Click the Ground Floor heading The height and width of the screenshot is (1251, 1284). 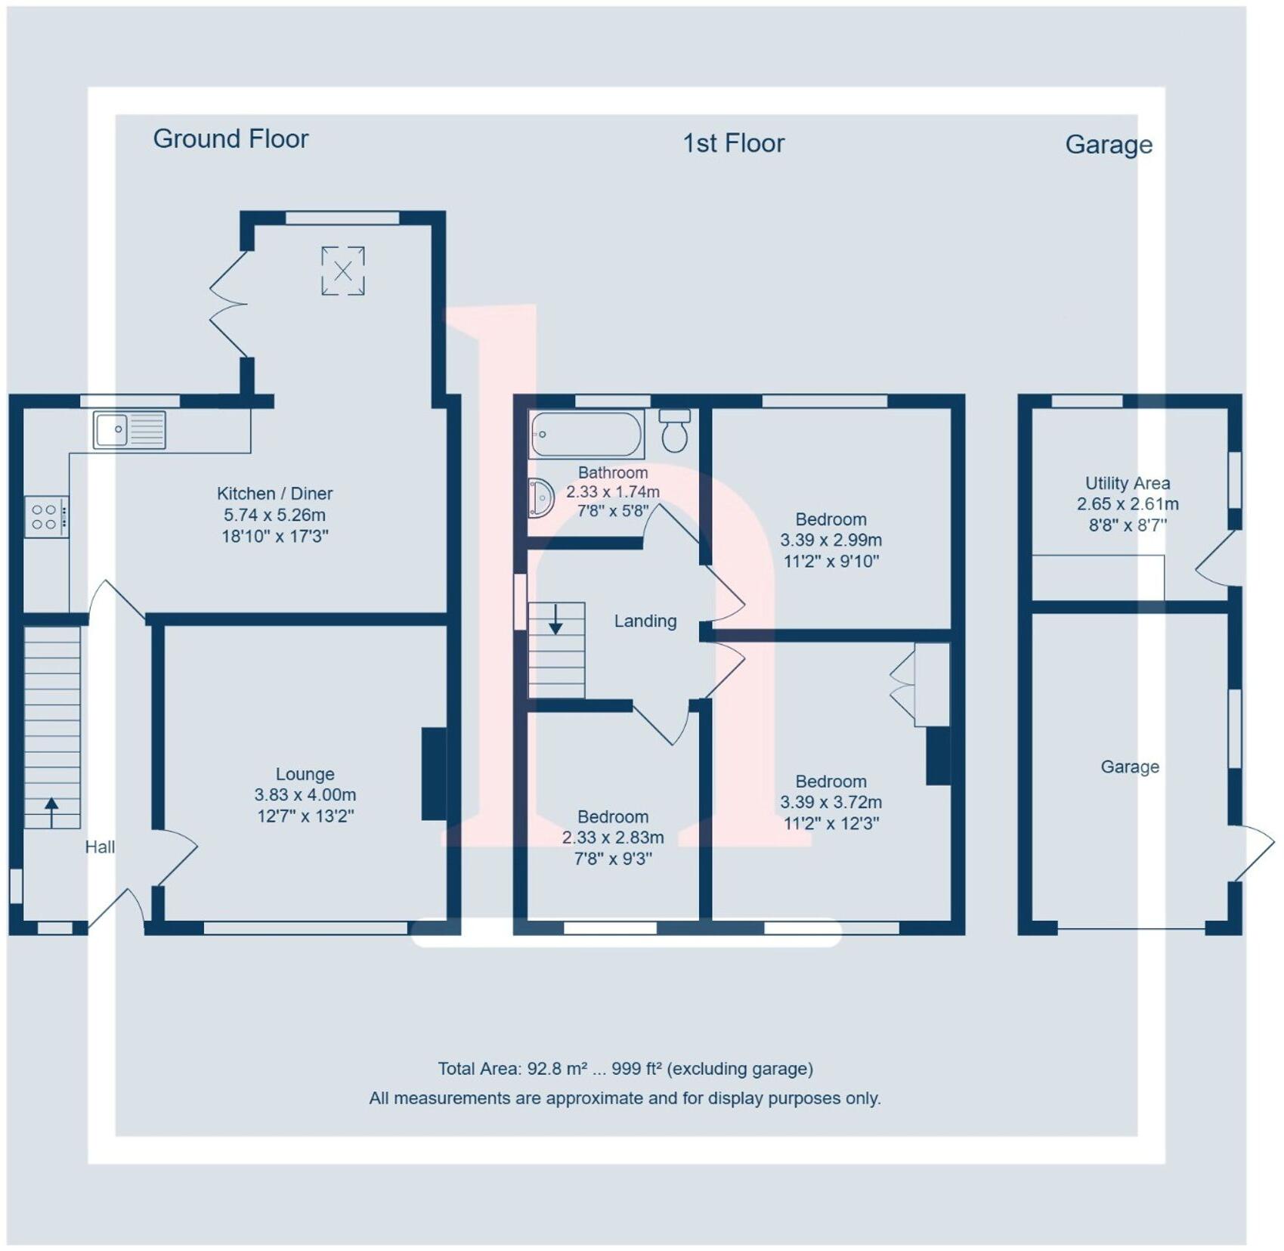231,139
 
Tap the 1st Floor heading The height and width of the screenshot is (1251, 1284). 733,144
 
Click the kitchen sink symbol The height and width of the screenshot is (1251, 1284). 129,430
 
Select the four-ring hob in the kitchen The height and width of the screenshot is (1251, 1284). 46,517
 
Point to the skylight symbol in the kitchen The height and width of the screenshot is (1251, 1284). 343,271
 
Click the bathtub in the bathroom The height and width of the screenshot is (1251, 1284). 586,435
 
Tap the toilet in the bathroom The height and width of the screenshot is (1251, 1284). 675,430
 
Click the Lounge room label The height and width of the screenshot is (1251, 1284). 305,774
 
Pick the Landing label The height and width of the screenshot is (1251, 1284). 645,621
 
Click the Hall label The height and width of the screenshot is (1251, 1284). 100,847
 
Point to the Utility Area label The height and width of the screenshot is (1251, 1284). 1127,484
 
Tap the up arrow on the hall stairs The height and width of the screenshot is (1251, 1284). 51,812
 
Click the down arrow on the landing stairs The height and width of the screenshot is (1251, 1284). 555,619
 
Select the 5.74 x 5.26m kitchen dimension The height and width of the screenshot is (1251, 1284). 274,516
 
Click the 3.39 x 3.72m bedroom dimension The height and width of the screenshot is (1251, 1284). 831,803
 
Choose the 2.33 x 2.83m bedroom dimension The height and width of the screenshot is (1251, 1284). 613,838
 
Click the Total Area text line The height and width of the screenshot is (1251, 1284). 625,1069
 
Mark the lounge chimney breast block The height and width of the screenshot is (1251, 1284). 434,773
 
